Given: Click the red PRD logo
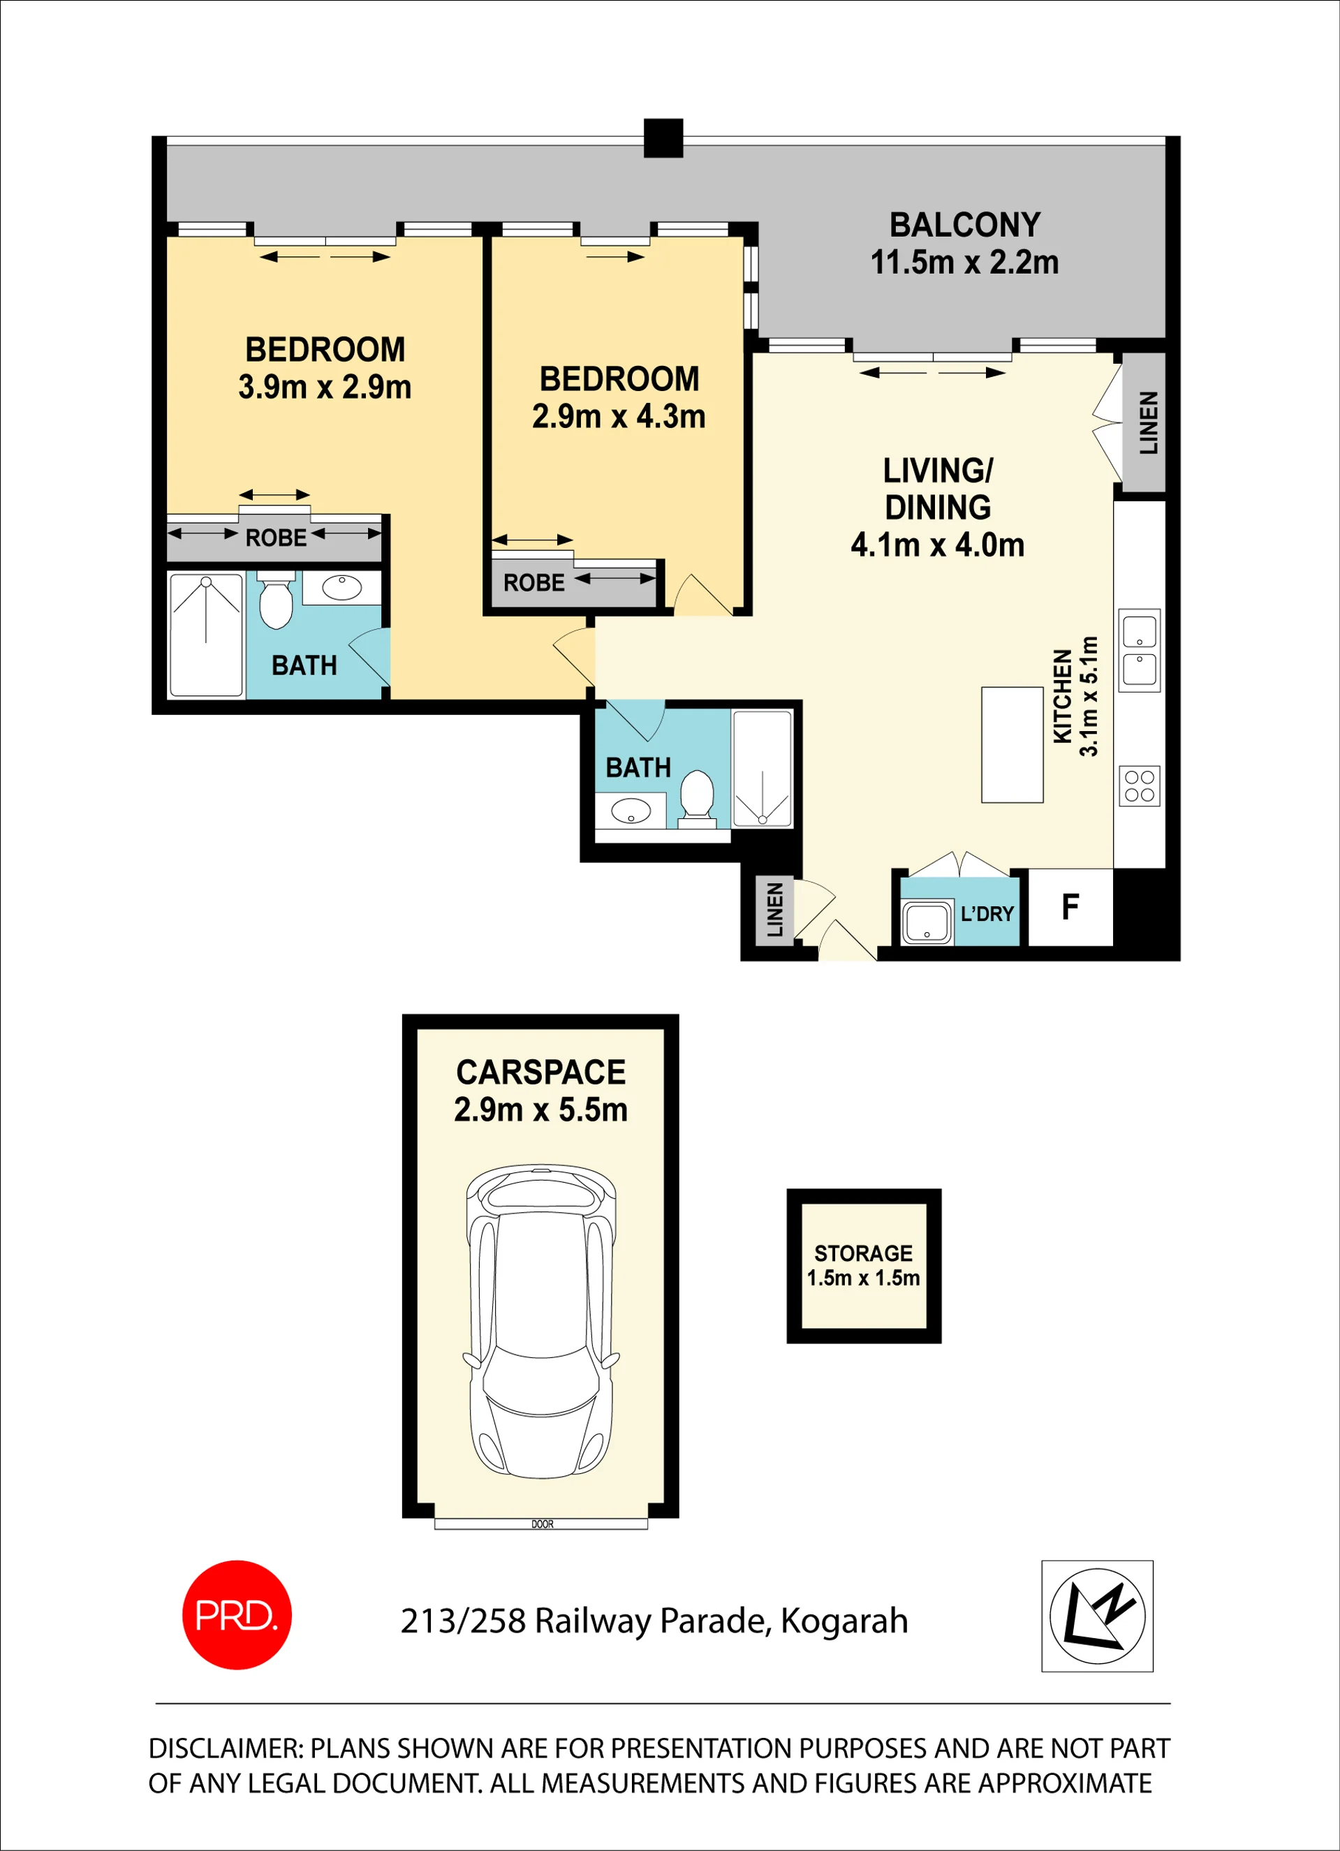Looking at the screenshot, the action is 237,1615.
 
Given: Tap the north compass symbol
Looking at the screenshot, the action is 1098,1616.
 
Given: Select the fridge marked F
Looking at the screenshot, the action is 1070,907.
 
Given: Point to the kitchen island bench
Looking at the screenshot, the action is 1012,744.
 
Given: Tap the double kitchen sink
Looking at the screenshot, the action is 1140,651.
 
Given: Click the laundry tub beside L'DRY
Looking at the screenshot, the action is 927,922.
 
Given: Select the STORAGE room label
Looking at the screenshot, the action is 863,1253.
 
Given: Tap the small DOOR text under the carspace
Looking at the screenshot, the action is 542,1524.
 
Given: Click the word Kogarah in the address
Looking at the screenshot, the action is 844,1621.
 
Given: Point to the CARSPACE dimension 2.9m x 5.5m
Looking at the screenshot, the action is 540,1109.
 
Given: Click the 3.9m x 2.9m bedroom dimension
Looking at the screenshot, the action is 325,387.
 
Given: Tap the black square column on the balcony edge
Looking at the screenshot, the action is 663,138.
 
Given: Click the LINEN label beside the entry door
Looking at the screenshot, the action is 775,909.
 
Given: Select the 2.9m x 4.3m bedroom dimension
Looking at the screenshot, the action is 619,416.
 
